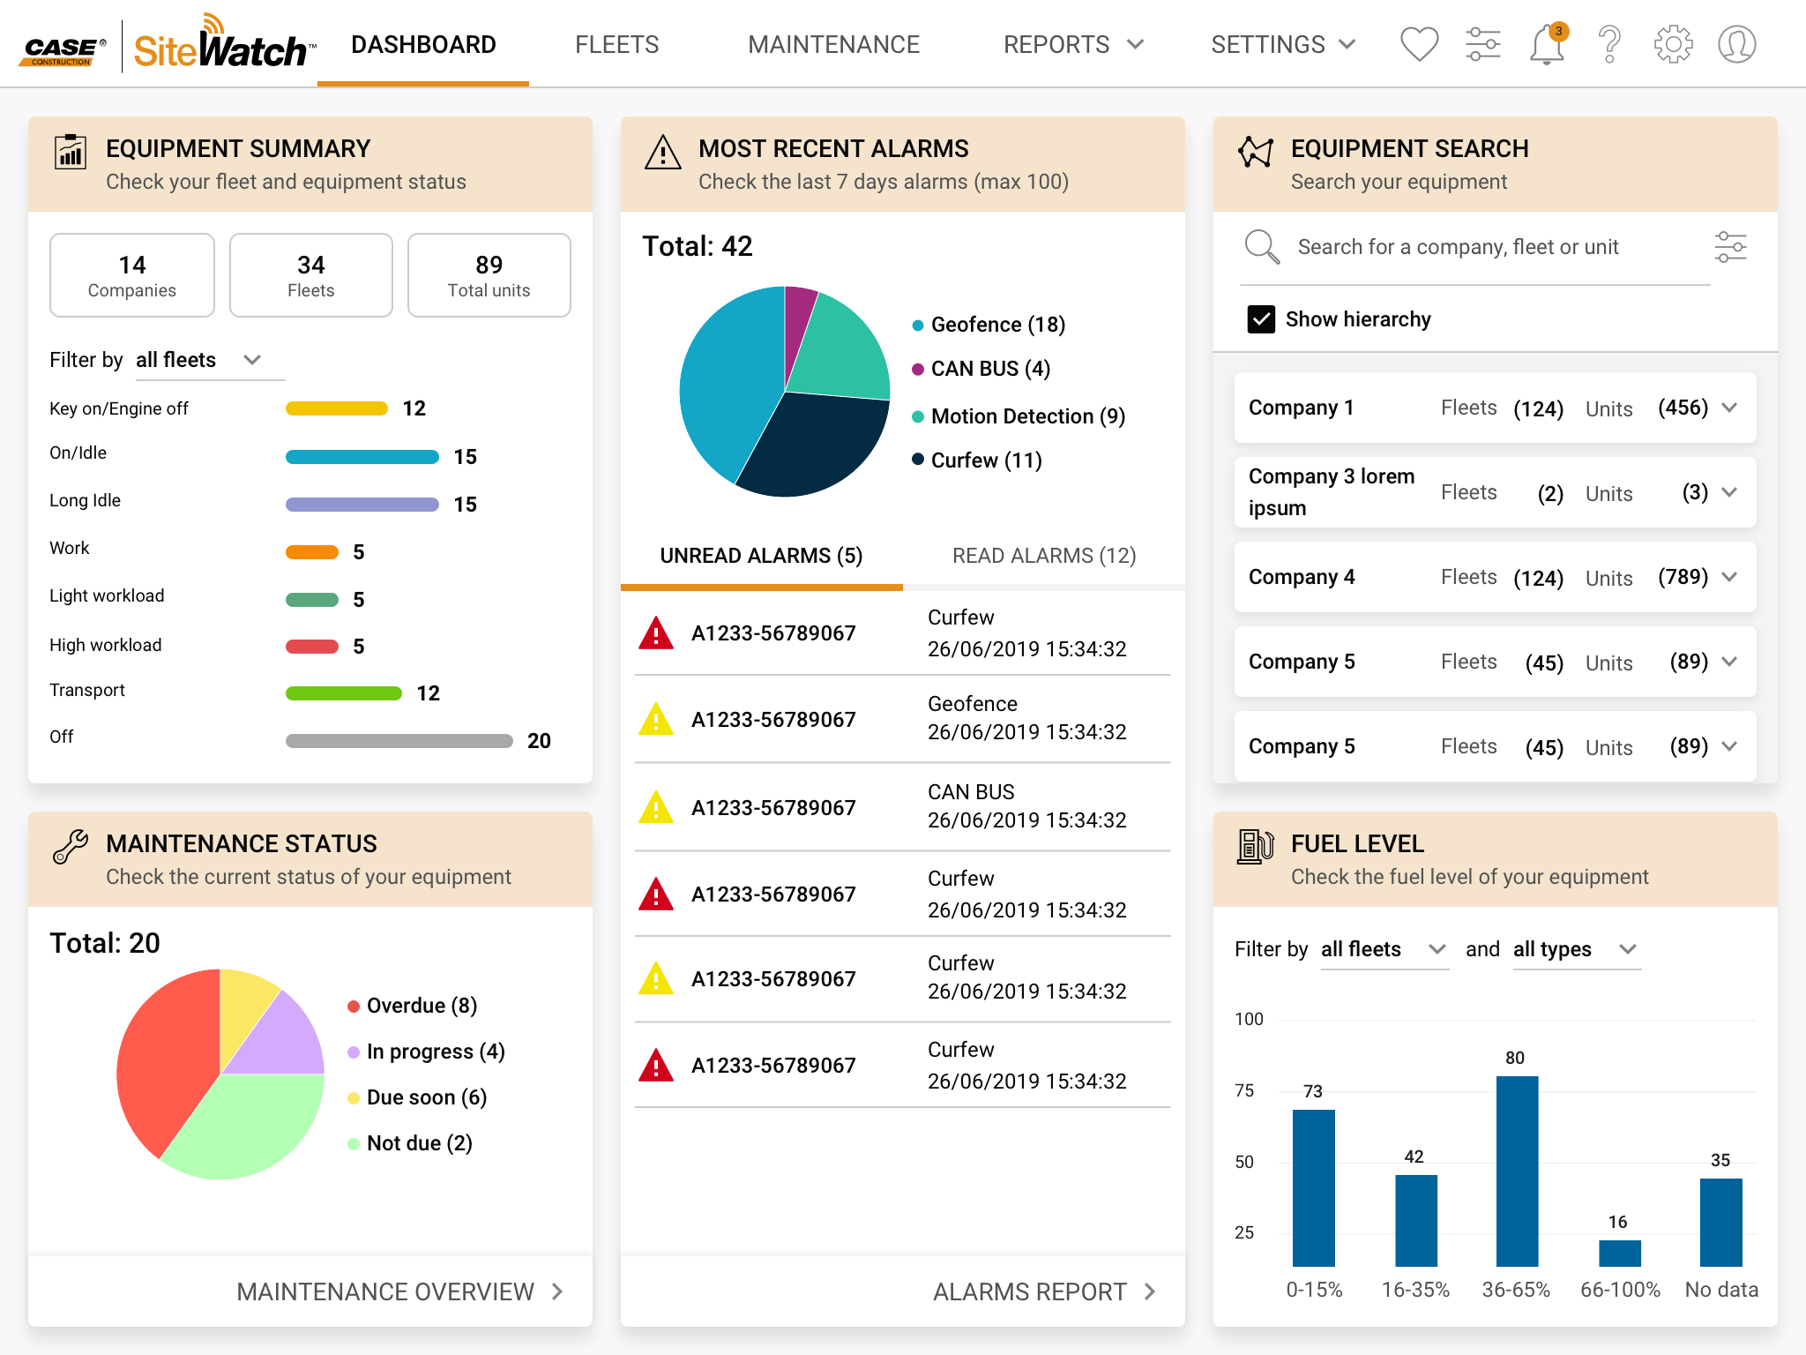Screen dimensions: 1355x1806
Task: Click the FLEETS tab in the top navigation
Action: [x=616, y=44]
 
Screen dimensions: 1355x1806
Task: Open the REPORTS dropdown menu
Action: [x=1072, y=44]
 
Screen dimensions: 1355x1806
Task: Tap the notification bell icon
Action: [x=1547, y=45]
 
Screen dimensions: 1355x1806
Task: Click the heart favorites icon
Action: [x=1419, y=44]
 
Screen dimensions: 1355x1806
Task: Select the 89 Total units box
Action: [x=489, y=275]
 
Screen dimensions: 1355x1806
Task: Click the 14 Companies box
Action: [x=132, y=275]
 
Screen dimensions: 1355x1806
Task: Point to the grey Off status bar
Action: [x=399, y=741]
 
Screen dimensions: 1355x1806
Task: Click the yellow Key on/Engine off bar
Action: [x=336, y=408]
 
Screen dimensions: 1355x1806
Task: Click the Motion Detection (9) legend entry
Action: [x=1027, y=416]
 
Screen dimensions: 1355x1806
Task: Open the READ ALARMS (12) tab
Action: [x=1043, y=556]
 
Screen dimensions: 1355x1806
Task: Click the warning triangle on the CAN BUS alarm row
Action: [x=656, y=808]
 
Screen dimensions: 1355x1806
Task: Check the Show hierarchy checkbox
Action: [x=1261, y=319]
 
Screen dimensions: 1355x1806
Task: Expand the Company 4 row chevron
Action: [x=1729, y=577]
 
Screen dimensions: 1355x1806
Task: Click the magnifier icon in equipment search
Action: [x=1261, y=247]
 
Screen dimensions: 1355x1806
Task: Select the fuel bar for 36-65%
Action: [x=1517, y=1170]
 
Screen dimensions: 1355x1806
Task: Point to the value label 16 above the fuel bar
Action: [x=1617, y=1222]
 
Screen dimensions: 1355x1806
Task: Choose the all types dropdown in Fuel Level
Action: [x=1575, y=949]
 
